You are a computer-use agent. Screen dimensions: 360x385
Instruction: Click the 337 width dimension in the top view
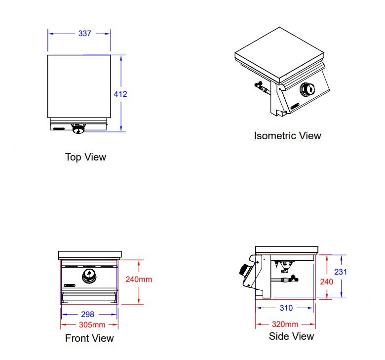click(x=85, y=34)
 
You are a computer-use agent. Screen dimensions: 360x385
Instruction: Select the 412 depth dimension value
click(x=120, y=94)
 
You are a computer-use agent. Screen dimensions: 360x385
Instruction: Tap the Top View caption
click(x=85, y=157)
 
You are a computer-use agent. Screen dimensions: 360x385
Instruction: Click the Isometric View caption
click(x=287, y=135)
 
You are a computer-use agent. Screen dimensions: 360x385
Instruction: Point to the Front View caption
click(x=89, y=338)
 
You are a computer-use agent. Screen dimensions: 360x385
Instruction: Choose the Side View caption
click(x=291, y=336)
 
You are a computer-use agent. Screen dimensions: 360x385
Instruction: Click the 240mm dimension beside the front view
click(x=139, y=279)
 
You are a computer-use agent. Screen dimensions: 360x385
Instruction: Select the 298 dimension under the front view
click(x=87, y=314)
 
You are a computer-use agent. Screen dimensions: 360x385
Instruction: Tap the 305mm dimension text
click(x=92, y=324)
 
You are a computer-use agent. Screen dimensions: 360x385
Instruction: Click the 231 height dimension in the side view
click(x=341, y=272)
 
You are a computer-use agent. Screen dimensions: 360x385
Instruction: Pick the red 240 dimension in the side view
click(x=327, y=281)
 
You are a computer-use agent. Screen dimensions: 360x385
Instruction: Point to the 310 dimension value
click(x=286, y=308)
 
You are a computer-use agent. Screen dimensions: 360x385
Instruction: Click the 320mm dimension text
click(x=285, y=324)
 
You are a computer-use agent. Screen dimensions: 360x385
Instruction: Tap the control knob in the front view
click(x=89, y=275)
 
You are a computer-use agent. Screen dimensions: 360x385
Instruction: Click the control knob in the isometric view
click(x=307, y=89)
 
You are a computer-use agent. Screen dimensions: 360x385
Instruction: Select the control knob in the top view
click(x=78, y=129)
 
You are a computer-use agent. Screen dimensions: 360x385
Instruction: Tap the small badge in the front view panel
click(x=69, y=285)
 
